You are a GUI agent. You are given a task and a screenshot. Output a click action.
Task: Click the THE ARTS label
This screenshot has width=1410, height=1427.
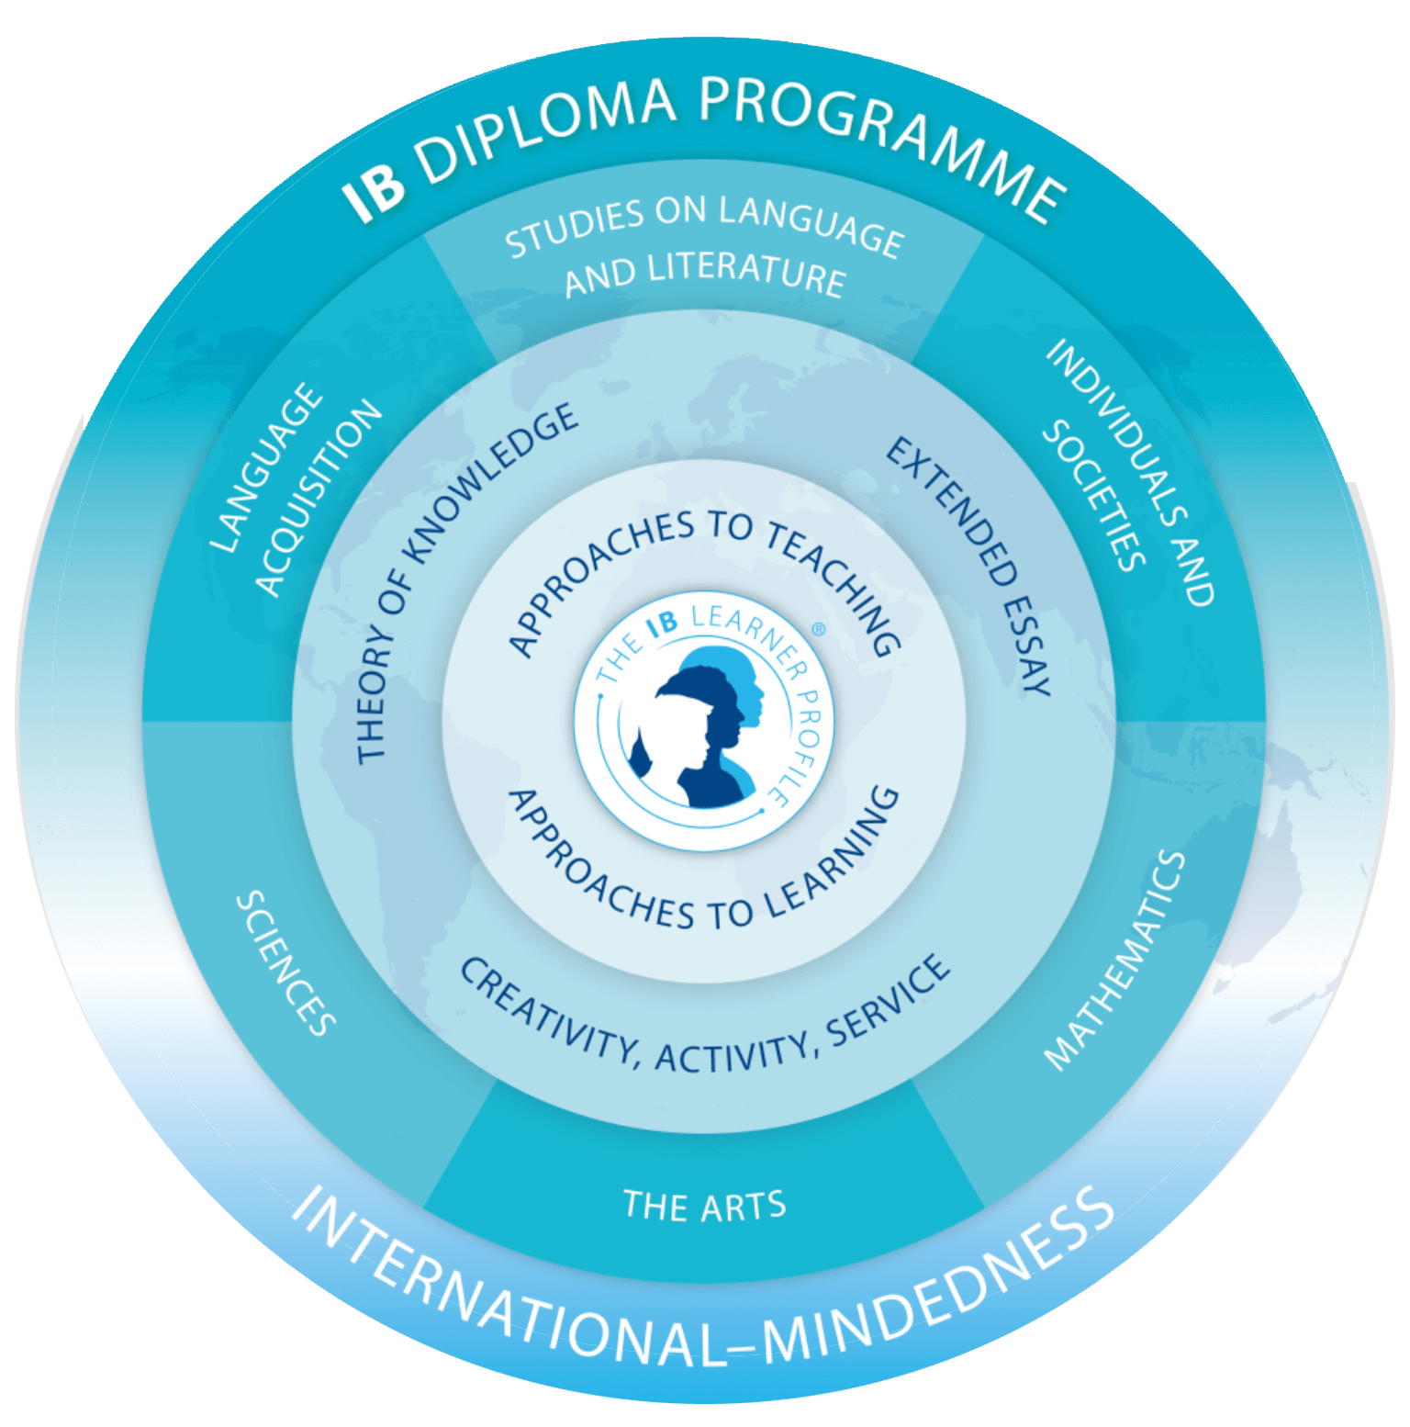coord(705,1204)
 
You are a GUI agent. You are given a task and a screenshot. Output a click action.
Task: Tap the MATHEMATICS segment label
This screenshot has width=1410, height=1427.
coord(1115,960)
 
